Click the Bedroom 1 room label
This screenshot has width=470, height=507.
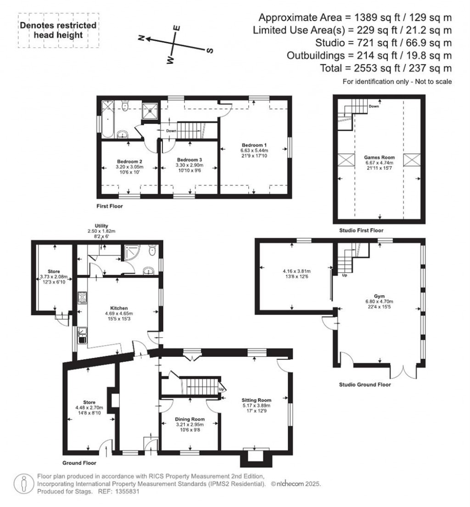[254, 145]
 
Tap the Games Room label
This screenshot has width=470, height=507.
[379, 158]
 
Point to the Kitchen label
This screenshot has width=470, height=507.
[118, 308]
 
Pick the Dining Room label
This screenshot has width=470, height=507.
[190, 419]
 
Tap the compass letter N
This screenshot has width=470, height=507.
[142, 39]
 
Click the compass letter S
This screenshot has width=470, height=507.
[210, 50]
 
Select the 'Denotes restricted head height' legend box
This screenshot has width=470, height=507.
[58, 30]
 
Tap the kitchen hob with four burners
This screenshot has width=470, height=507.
[82, 298]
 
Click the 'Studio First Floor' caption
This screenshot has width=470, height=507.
[361, 231]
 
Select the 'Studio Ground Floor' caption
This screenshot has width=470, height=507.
[365, 384]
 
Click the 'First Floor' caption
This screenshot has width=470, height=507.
[110, 206]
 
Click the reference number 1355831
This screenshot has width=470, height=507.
[125, 491]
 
